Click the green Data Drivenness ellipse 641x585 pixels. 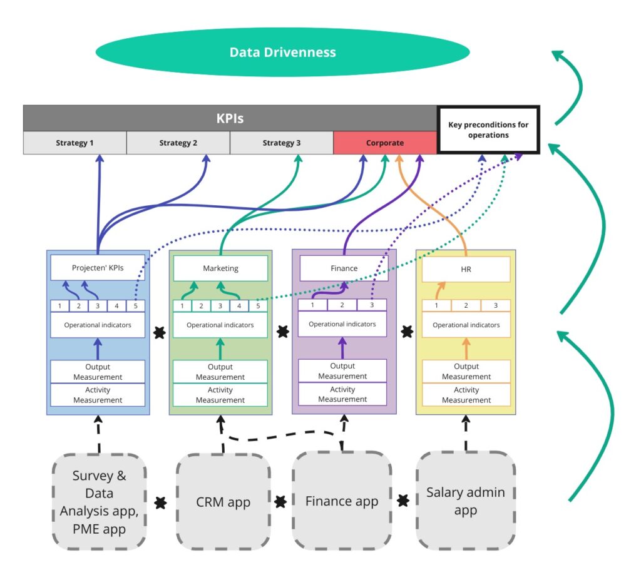coord(282,53)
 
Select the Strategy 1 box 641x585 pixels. coord(74,143)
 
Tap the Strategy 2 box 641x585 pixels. coord(178,143)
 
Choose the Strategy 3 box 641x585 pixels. coord(281,143)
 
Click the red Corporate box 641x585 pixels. coord(384,143)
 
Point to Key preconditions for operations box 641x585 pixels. coord(488,130)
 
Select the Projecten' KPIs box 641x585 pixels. coord(98,268)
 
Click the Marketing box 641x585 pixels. coord(220,268)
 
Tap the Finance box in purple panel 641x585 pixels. coord(344,268)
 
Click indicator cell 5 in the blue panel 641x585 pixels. coord(136,306)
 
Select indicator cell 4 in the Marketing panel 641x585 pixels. coord(239,306)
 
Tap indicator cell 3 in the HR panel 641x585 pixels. coord(495,305)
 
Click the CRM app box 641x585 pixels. coord(223,502)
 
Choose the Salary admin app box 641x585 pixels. coord(465,501)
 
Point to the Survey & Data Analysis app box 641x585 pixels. coord(99,502)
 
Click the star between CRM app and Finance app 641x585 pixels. coord(281,501)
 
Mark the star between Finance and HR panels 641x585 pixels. coord(407,332)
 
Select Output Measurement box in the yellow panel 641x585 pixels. coord(466,372)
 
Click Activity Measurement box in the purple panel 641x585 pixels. coord(342,394)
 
